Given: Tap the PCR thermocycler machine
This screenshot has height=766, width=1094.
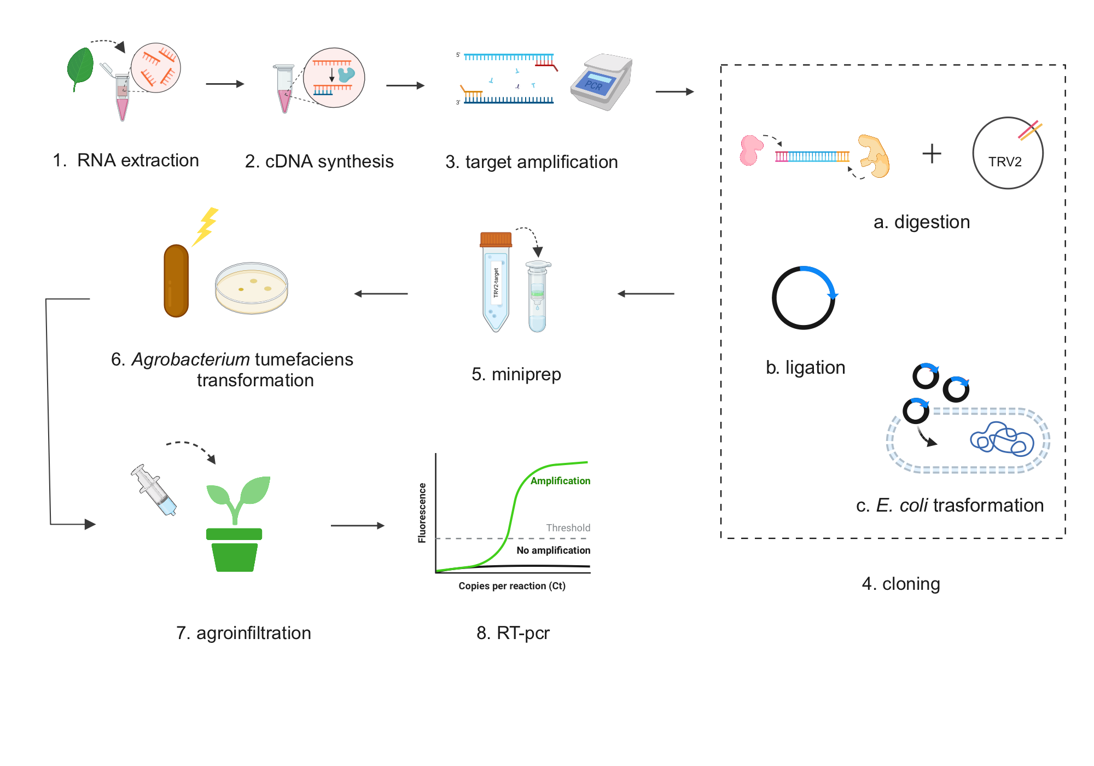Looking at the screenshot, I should [x=602, y=82].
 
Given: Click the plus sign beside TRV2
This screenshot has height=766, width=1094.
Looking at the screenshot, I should [x=932, y=153].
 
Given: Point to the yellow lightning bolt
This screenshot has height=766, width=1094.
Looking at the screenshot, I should [x=207, y=225].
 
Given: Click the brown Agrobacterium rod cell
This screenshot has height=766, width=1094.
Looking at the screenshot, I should [x=176, y=281].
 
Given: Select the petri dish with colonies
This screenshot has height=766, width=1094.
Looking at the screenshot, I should [x=252, y=288].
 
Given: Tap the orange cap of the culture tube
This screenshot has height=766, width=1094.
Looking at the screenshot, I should [x=496, y=239].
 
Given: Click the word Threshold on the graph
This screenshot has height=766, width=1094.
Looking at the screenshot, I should [x=568, y=528].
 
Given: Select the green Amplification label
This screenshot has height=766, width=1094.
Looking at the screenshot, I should [x=560, y=481].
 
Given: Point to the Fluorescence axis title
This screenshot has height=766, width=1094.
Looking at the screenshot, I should [x=422, y=513].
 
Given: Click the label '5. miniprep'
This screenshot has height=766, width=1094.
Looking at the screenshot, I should [x=516, y=374].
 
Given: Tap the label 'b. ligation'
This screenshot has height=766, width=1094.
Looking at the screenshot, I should [x=805, y=367].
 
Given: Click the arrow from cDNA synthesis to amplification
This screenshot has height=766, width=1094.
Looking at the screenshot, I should [x=405, y=85].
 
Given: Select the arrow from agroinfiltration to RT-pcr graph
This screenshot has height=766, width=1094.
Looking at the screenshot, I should [x=358, y=526].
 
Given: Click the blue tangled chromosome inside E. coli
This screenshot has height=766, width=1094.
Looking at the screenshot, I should [x=1002, y=439].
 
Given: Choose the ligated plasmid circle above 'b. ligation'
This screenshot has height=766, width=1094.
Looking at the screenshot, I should [x=804, y=298].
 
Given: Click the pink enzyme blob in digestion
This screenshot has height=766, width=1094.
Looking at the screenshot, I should [x=750, y=150].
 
